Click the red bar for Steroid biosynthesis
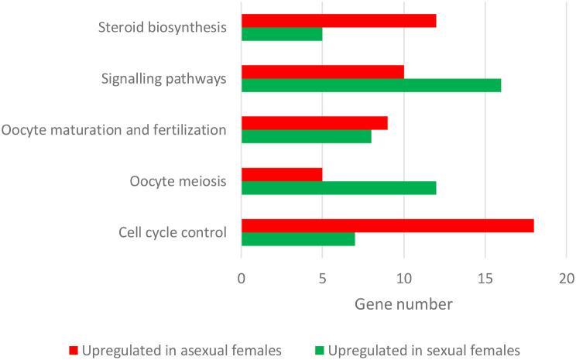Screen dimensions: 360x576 point(339,21)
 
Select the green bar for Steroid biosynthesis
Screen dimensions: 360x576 point(282,34)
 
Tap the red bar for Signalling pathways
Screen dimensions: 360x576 point(323,72)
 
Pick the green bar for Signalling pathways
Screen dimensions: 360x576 point(372,85)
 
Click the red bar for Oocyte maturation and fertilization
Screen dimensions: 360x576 point(314,123)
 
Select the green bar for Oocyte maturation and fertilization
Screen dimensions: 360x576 point(307,136)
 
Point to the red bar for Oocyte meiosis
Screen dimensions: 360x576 point(282,174)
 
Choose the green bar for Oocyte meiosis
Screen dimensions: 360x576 point(339,187)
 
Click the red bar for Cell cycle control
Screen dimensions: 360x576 point(388,225)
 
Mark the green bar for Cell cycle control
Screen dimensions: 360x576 point(298,238)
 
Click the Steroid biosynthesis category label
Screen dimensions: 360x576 point(163,28)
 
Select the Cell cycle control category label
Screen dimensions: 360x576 point(173,232)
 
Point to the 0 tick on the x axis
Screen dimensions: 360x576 point(242,278)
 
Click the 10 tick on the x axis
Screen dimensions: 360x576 point(404,278)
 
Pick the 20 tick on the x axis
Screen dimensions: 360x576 point(566,278)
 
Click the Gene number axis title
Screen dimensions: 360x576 point(403,304)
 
